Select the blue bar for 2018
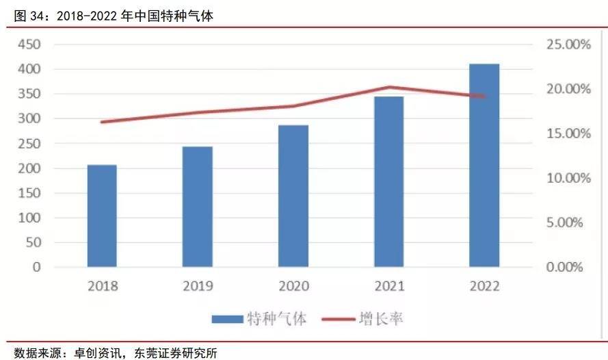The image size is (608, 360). pyautogui.click(x=102, y=216)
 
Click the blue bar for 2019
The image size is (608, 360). pyautogui.click(x=197, y=207)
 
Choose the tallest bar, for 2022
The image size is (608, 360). pyautogui.click(x=484, y=165)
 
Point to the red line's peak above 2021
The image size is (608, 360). pyautogui.click(x=389, y=87)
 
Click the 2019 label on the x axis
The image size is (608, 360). pyautogui.click(x=198, y=286)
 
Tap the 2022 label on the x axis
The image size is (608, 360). pyautogui.click(x=484, y=286)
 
